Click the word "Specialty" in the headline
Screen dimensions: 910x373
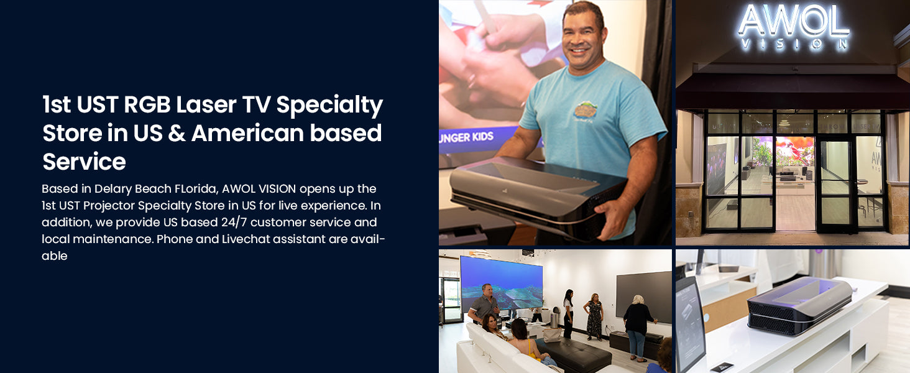329,106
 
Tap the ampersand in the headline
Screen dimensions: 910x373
177,133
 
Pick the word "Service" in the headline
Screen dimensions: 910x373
84,162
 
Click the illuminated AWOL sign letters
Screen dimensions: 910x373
793,21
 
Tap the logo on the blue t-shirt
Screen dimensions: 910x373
585,111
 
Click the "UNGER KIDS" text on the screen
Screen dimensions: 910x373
466,137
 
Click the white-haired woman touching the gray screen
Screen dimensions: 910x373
639,328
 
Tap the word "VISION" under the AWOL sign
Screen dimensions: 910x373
794,44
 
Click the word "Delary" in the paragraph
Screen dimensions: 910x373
113,189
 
